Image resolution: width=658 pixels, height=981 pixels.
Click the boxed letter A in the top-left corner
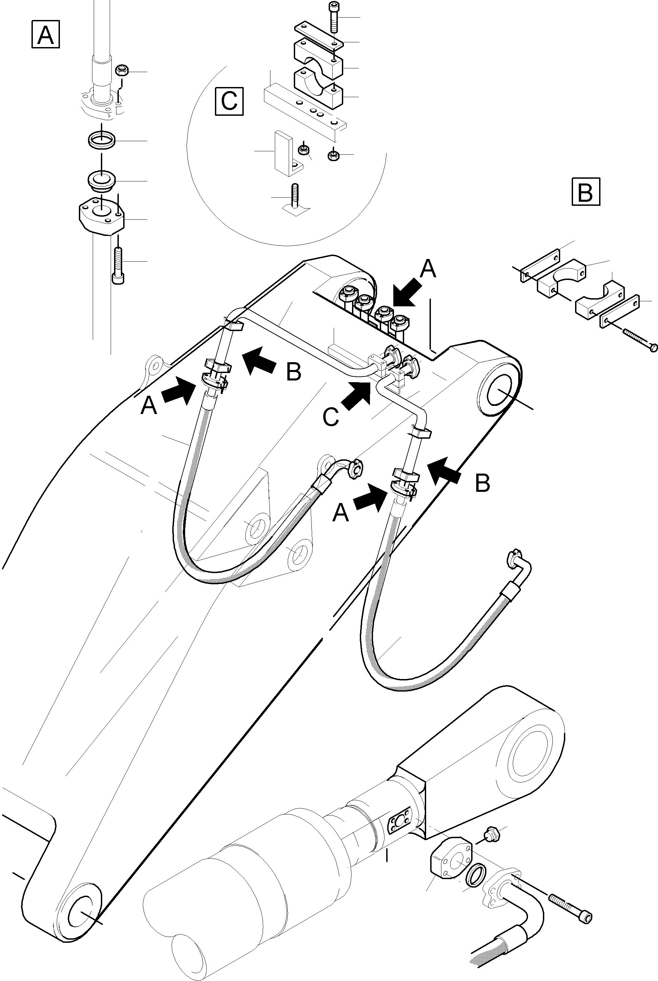(x=45, y=35)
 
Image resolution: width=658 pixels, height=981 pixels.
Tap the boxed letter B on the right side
(x=586, y=192)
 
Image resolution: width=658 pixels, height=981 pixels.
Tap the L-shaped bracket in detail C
(x=286, y=154)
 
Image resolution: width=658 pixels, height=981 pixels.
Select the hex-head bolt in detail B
(x=637, y=339)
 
